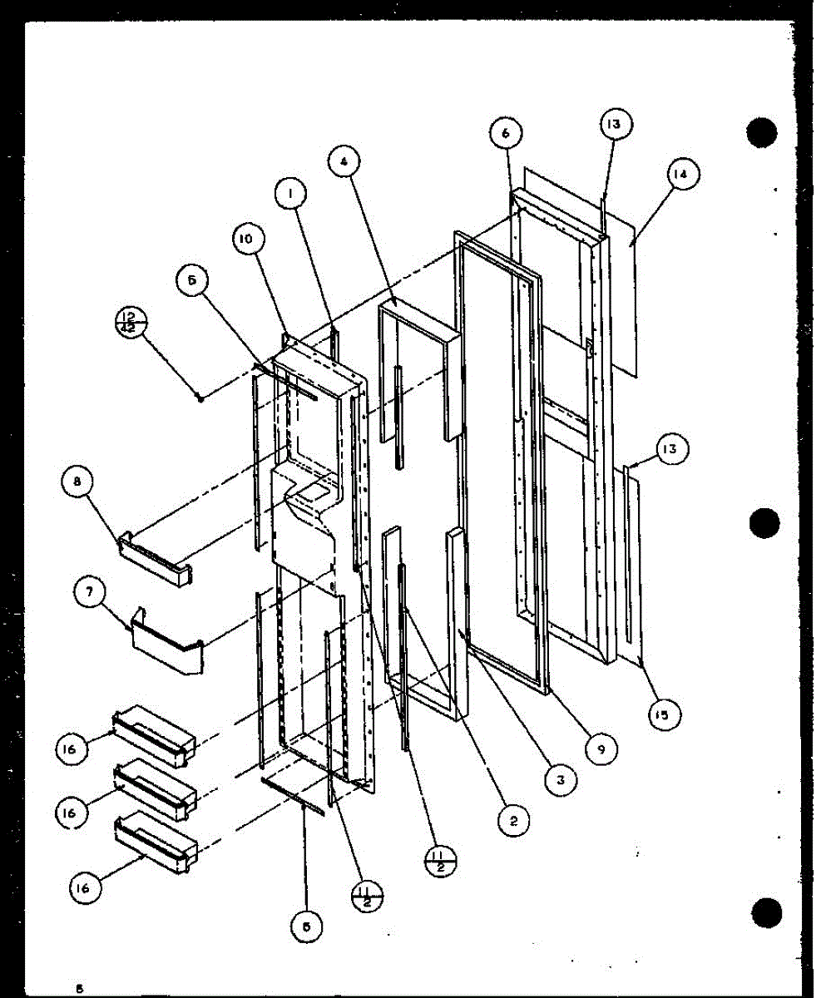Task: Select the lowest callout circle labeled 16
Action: tap(85, 888)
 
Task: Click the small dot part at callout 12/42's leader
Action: tap(201, 398)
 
